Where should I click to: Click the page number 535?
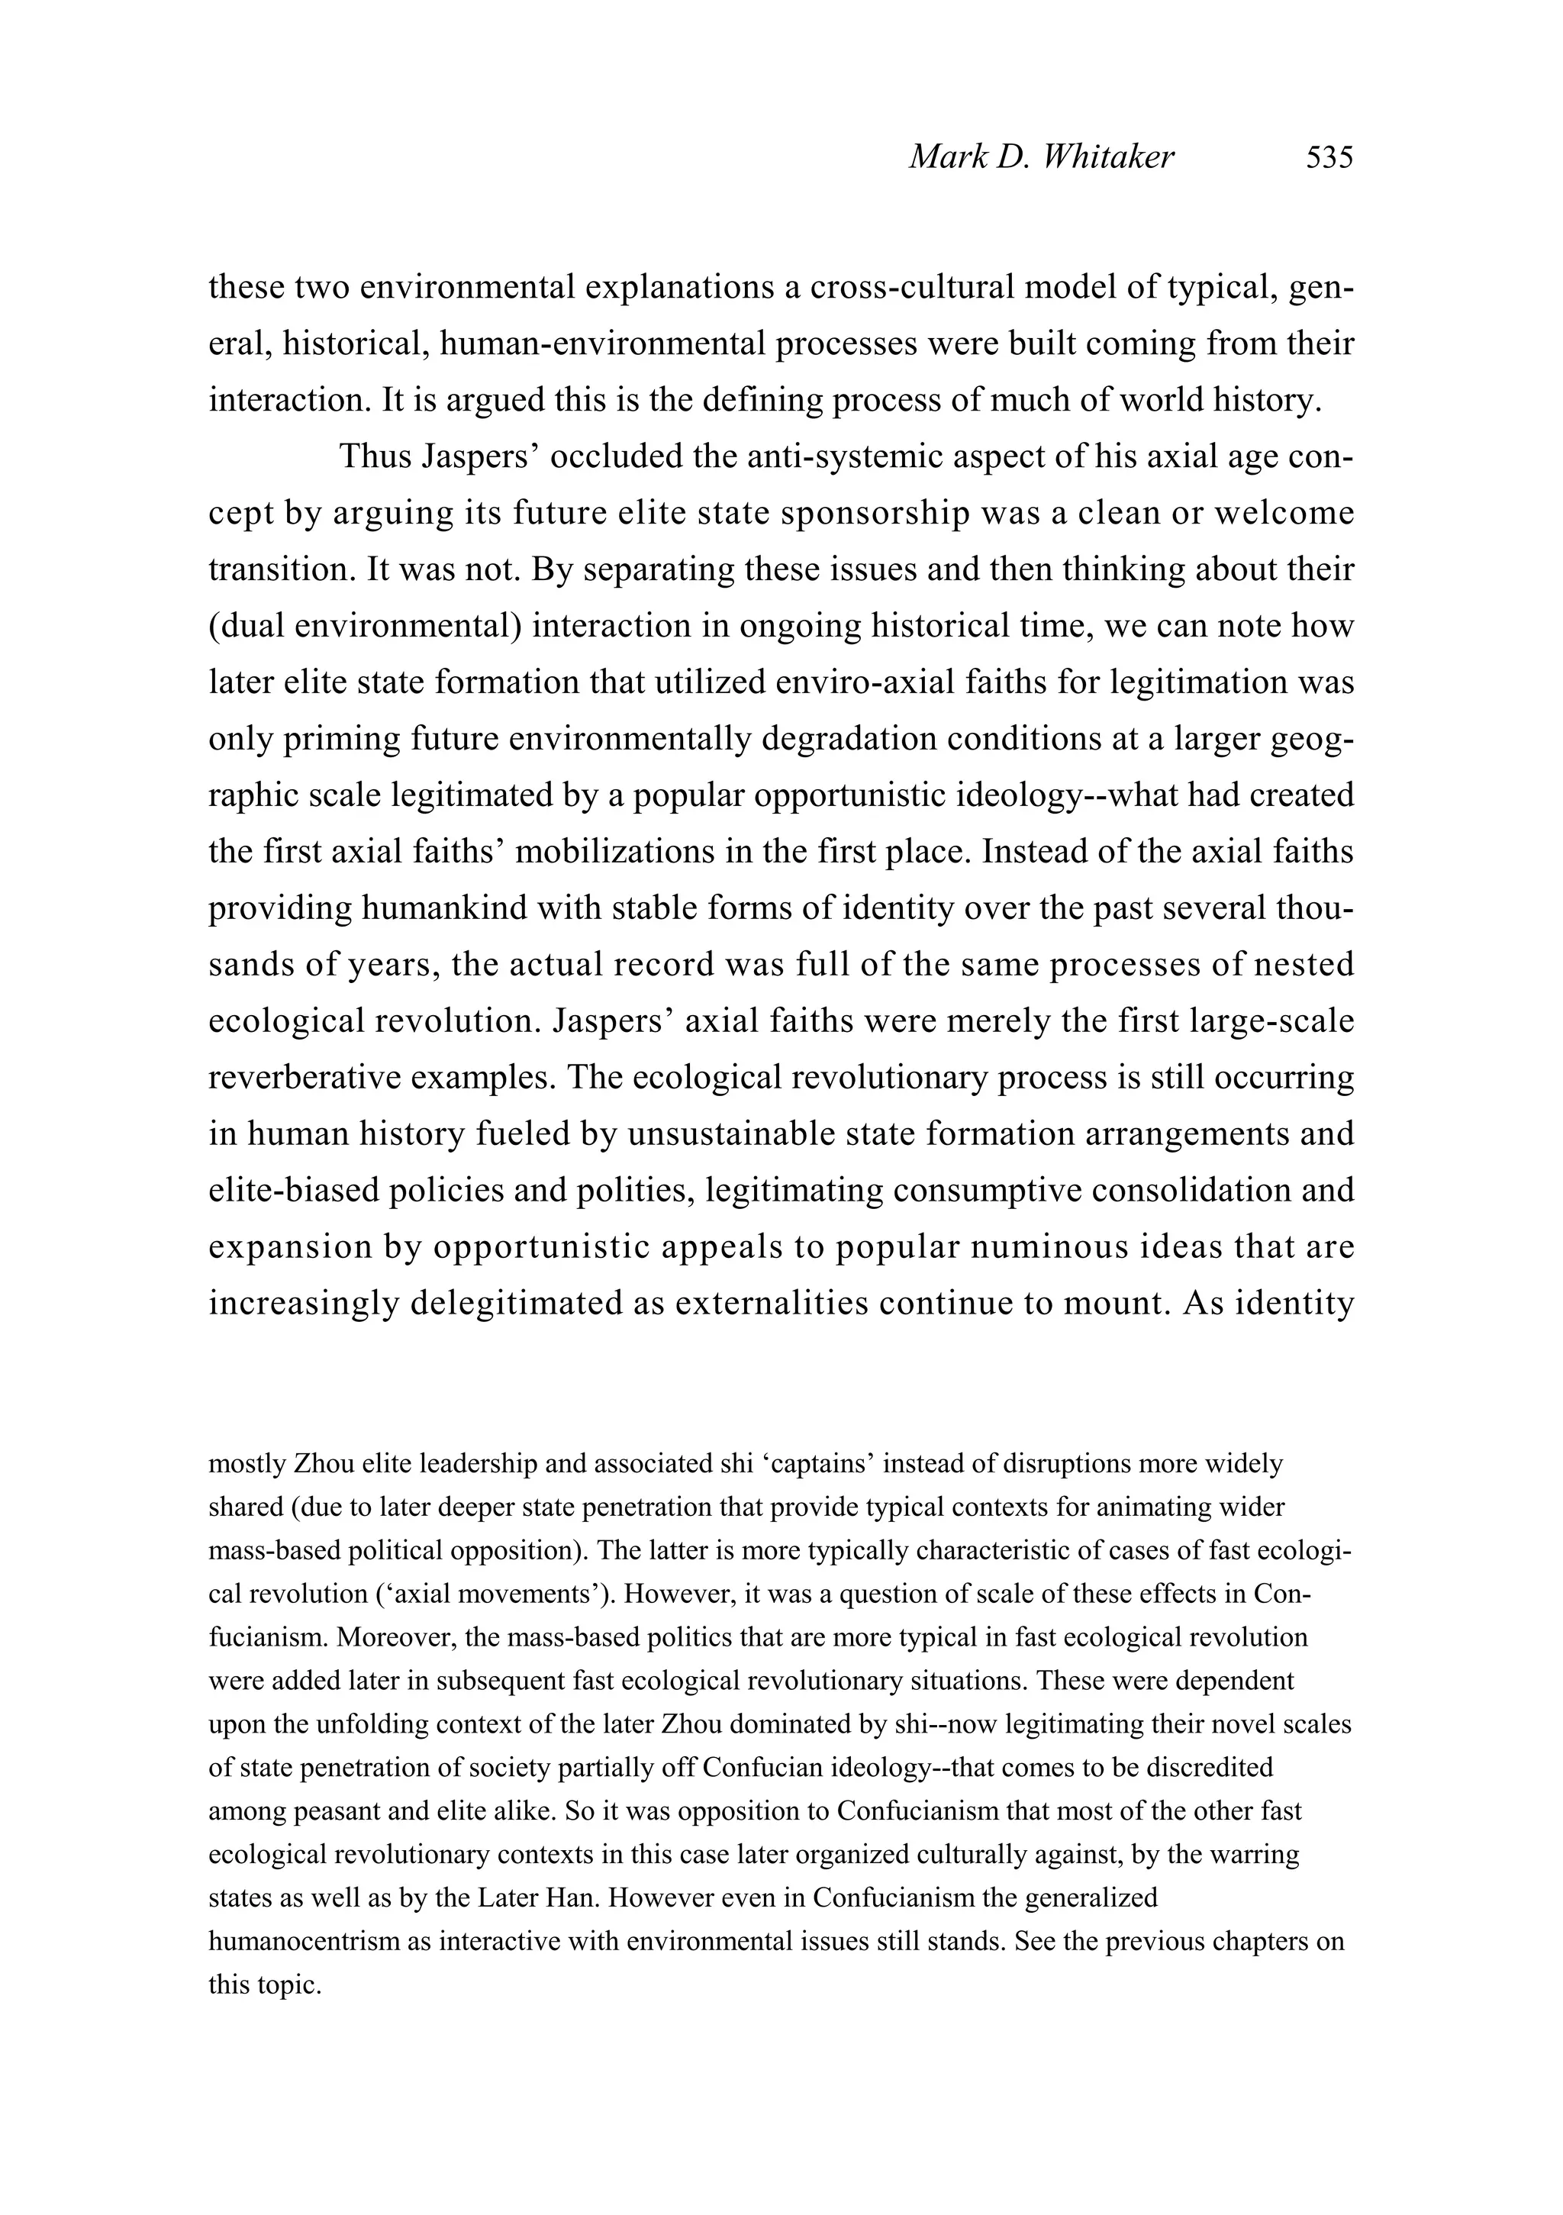[1329, 156]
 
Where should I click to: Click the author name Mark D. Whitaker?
[1041, 156]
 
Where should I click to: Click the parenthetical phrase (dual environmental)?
[365, 626]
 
